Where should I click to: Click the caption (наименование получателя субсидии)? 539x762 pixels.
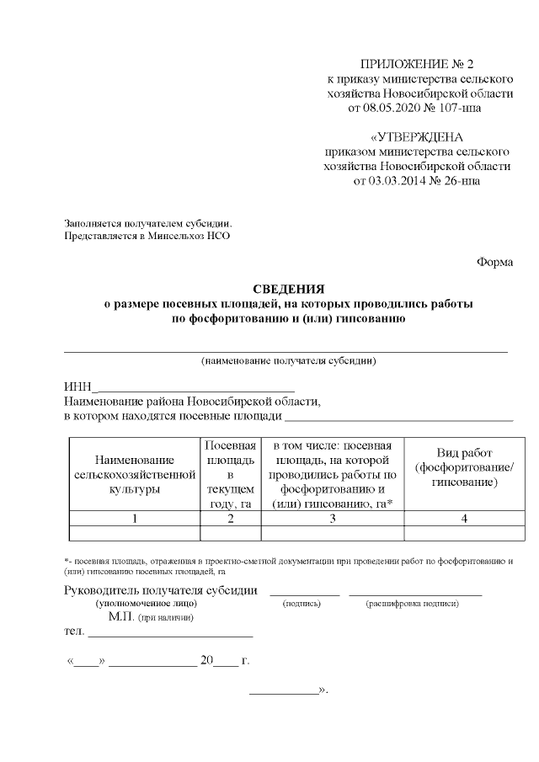click(x=288, y=361)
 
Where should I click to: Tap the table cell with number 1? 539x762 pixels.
click(x=134, y=519)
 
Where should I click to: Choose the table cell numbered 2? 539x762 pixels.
click(x=230, y=519)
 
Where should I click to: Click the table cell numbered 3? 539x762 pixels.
click(x=333, y=519)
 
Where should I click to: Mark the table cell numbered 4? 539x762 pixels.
click(x=464, y=519)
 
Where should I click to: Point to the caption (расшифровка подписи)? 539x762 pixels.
click(x=412, y=604)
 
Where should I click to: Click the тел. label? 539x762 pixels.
click(x=75, y=631)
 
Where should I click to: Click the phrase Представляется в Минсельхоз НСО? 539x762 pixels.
click(x=147, y=236)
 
